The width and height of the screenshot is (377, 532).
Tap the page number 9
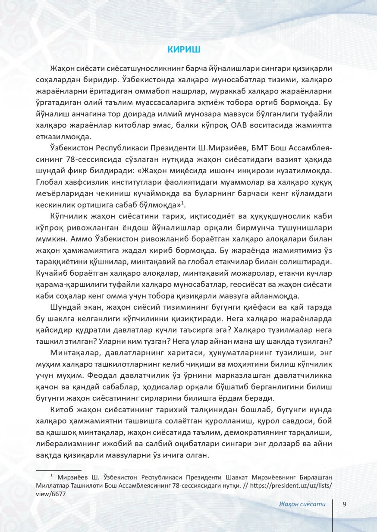pos(345,504)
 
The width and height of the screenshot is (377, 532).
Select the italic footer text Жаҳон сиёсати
pos(302,504)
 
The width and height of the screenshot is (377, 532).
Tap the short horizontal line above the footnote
pos(58,470)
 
